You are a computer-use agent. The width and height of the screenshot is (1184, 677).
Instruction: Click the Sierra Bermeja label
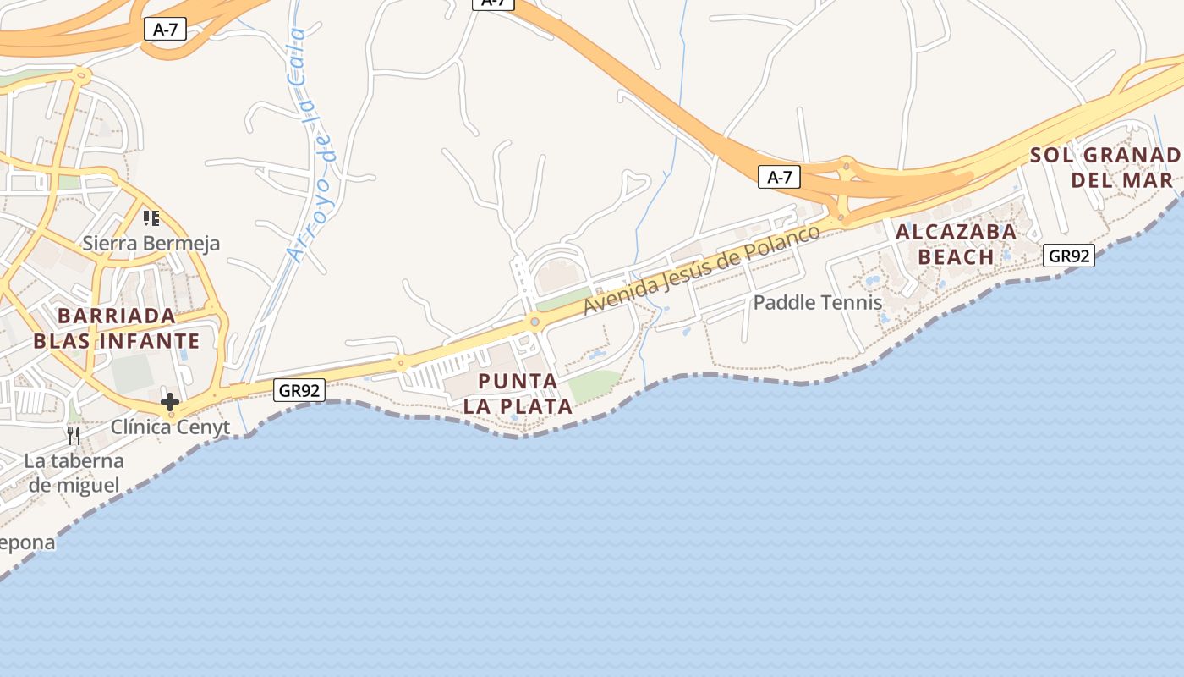(x=151, y=244)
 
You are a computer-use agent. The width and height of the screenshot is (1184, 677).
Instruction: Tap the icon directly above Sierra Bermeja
(x=151, y=218)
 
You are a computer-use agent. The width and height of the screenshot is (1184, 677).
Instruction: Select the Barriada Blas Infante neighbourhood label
(x=117, y=328)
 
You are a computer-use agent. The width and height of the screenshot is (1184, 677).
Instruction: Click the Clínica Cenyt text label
(x=170, y=427)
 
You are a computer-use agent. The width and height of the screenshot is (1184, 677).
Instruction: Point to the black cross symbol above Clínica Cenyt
(x=170, y=402)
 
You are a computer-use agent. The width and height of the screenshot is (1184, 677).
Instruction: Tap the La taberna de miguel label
(x=74, y=473)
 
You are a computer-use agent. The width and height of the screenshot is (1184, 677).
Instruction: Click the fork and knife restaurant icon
(x=74, y=436)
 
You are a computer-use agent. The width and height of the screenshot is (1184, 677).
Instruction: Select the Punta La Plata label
(x=518, y=394)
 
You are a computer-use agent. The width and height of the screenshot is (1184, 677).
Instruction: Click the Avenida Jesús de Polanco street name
(x=702, y=270)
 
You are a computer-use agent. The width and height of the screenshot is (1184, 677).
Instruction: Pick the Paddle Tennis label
(x=817, y=302)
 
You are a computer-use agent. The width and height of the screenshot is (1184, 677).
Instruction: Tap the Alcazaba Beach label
(x=956, y=244)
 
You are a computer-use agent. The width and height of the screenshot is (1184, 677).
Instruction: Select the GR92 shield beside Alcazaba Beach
(x=1069, y=256)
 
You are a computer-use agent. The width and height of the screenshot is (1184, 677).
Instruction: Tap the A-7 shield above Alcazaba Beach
(x=778, y=177)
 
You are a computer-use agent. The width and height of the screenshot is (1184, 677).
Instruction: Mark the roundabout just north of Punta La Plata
(x=534, y=322)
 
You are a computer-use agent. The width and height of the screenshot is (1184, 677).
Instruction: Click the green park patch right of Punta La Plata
(x=594, y=386)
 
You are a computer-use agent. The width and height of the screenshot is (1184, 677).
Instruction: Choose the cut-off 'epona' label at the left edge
(x=28, y=542)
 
